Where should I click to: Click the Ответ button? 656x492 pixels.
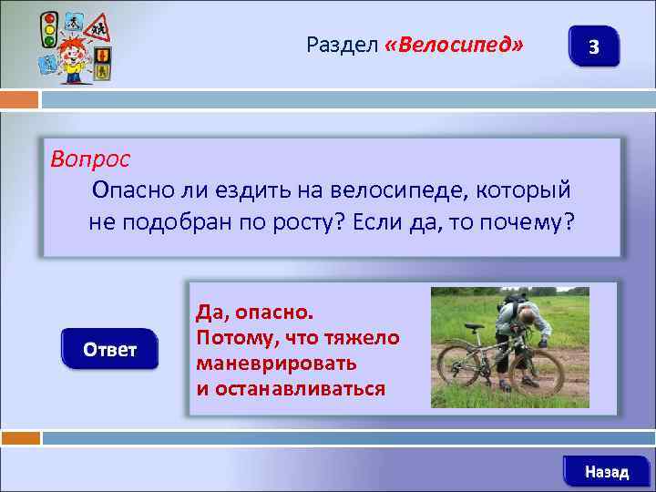pos(109,350)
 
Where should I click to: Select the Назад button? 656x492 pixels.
pos(606,471)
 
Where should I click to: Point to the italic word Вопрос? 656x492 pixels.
pos(90,159)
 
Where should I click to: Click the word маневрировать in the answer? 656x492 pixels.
pos(276,363)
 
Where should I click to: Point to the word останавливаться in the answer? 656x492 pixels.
pos(291,388)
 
